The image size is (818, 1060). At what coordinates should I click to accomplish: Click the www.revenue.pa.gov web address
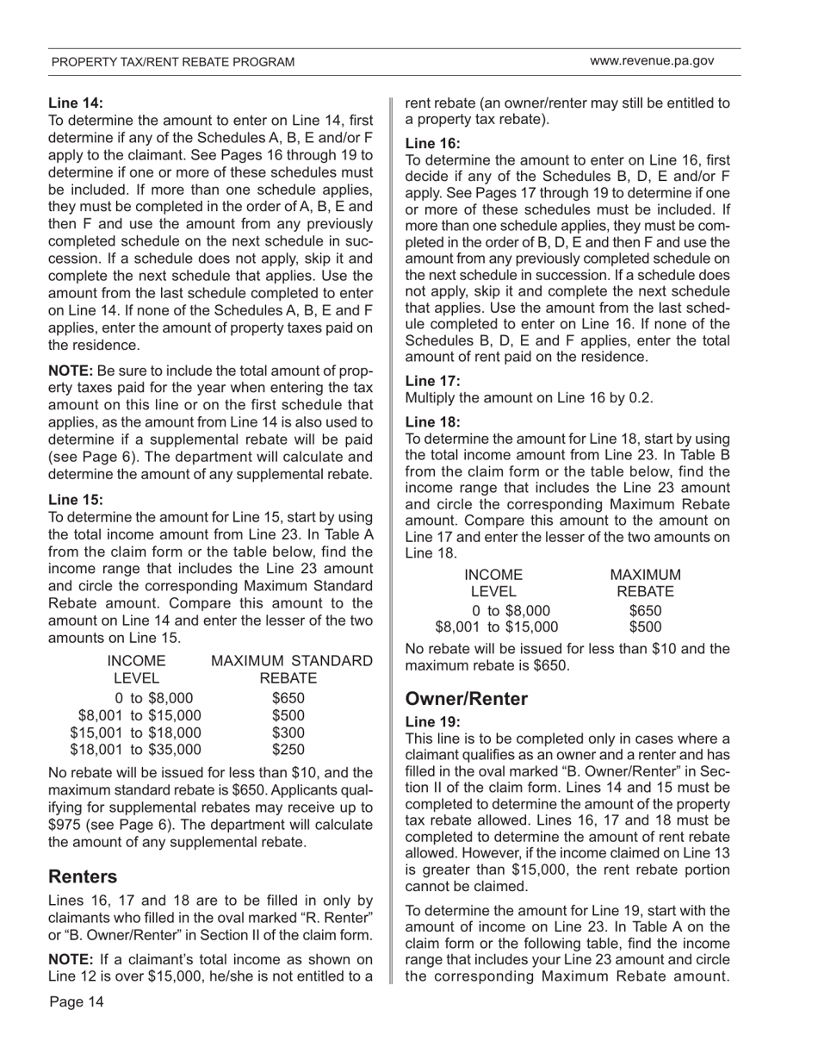652,61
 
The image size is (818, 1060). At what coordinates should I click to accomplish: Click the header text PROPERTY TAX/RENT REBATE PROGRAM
172,62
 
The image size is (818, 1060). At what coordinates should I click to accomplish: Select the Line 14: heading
76,104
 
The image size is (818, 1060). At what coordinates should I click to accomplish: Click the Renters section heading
83,876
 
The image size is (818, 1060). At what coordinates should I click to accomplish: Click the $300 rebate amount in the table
288,733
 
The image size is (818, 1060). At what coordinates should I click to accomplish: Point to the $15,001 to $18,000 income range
135,733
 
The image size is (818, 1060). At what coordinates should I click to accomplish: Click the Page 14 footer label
77,1001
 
